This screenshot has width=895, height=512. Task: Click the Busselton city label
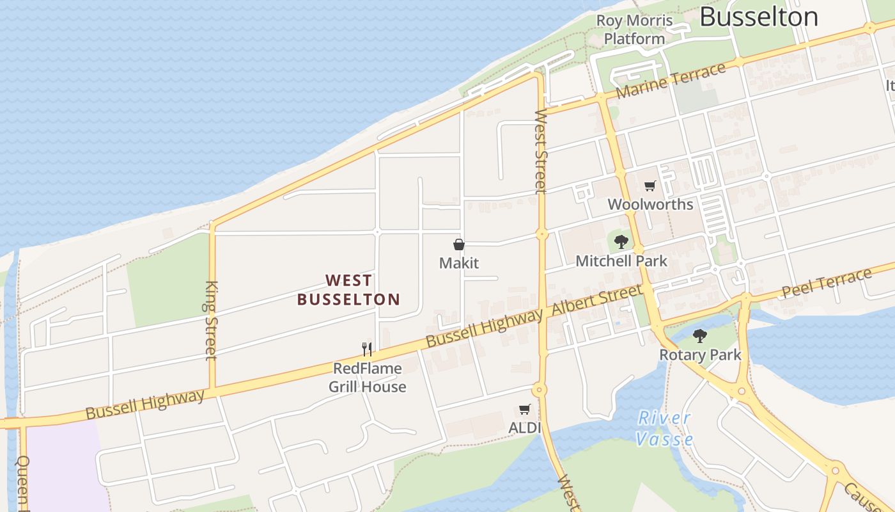[x=759, y=17]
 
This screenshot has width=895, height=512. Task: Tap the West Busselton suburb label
[x=348, y=290]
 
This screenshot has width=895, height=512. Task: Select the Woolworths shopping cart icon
[x=650, y=186]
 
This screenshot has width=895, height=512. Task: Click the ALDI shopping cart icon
[x=525, y=410]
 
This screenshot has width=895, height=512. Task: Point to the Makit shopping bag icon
[x=459, y=244]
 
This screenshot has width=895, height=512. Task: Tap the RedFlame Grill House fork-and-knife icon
[x=367, y=349]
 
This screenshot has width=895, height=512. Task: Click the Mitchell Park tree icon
[x=621, y=242]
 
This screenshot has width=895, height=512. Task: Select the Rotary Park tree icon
[x=700, y=335]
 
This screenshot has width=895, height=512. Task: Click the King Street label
[x=212, y=320]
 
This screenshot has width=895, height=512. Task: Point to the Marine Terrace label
[x=671, y=82]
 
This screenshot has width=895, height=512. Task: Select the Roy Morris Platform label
[x=635, y=29]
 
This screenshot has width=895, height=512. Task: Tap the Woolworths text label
[x=650, y=205]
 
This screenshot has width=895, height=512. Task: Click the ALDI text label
[x=524, y=428]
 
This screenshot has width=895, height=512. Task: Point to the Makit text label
[x=459, y=263]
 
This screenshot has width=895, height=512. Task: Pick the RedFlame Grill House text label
[x=368, y=378]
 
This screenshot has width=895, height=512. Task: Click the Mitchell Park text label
[x=621, y=261]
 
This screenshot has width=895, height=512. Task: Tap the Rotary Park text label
[x=700, y=355]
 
